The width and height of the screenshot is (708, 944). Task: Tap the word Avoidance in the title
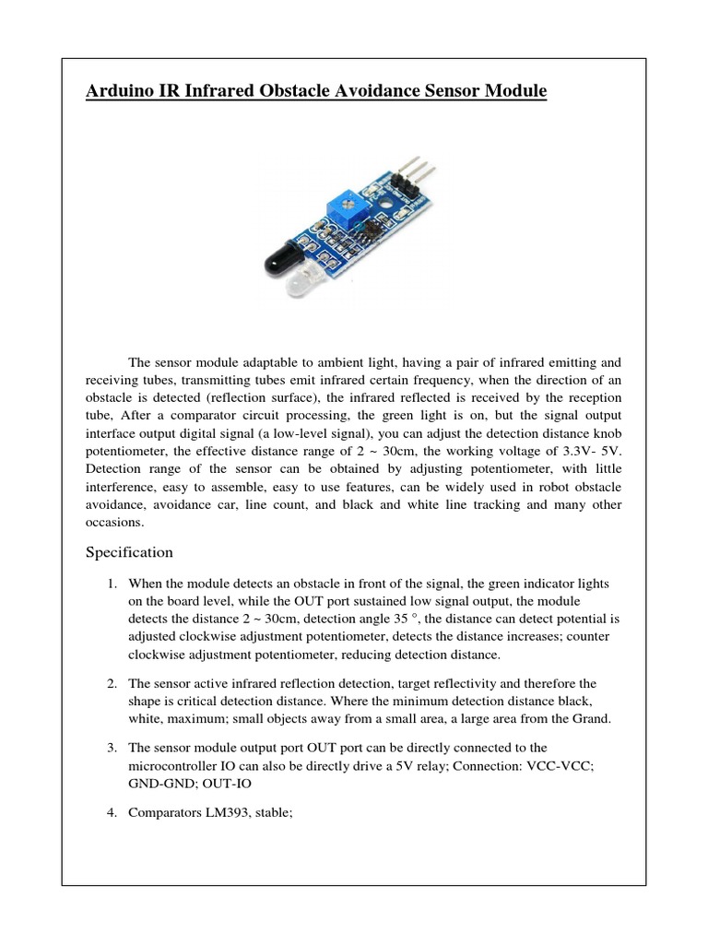click(x=363, y=91)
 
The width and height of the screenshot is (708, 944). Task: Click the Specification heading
click(x=129, y=552)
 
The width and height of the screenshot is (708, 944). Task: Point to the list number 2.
click(x=110, y=683)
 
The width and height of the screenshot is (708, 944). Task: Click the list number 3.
click(x=110, y=747)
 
